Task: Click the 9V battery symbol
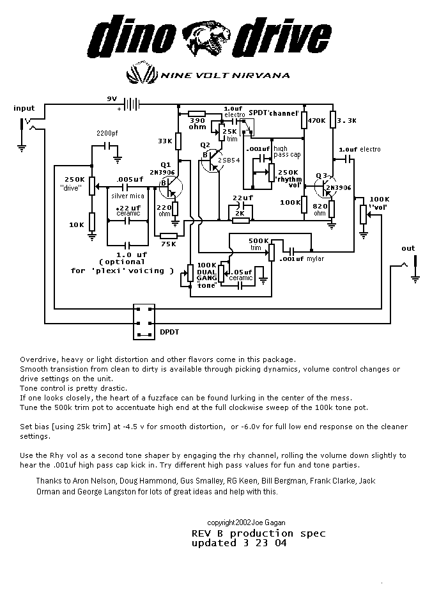coord(132,103)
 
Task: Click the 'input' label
coord(24,108)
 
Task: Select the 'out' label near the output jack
coord(408,248)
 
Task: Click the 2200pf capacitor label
coord(107,133)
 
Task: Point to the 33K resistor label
coord(165,141)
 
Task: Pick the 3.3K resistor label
coord(346,120)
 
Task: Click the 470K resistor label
coord(317,120)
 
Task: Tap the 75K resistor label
coord(168,244)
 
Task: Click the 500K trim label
coord(259,244)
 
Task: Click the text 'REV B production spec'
coord(258,533)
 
